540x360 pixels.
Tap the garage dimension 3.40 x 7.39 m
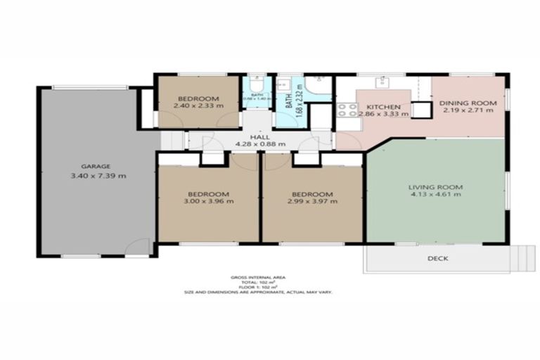tap(98, 176)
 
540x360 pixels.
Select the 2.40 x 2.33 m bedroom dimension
tap(198, 106)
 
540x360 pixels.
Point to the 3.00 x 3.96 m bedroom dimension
tap(209, 201)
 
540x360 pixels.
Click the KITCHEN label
tap(383, 107)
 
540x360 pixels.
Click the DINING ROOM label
tap(468, 103)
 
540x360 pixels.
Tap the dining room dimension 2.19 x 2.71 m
tap(468, 112)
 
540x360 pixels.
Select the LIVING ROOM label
tap(435, 186)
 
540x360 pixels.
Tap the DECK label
tap(437, 258)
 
